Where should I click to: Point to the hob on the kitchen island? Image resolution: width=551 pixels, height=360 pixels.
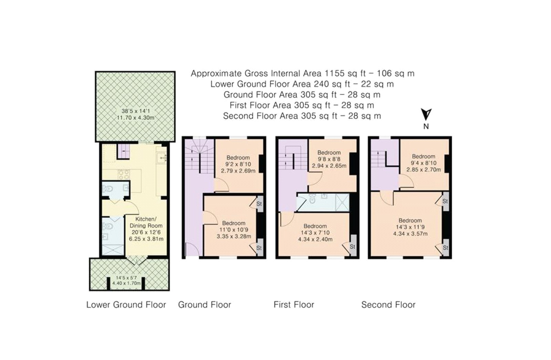(x=124, y=174)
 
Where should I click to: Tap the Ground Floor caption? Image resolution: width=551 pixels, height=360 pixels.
(x=204, y=305)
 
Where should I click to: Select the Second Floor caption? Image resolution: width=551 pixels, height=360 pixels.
(x=388, y=305)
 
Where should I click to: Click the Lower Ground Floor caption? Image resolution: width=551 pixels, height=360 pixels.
(x=126, y=305)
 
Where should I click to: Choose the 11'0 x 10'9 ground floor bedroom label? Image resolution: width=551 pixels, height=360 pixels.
(x=234, y=230)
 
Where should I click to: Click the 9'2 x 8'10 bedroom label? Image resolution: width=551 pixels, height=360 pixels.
(x=238, y=164)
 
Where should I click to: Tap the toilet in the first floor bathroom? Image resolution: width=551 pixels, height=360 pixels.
(x=312, y=199)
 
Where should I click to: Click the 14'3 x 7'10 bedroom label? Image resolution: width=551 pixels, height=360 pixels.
(x=315, y=233)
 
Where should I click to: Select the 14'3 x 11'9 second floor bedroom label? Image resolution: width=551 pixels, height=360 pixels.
(x=410, y=227)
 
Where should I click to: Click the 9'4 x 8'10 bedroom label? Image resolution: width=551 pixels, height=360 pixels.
(x=423, y=163)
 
